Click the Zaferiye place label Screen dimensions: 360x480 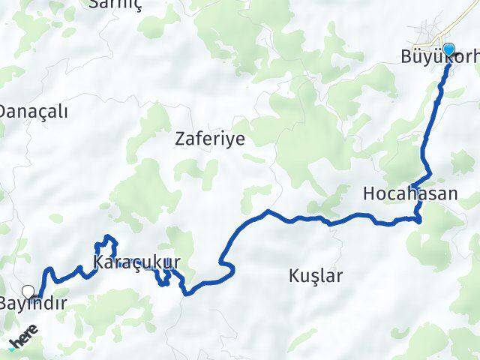(x=210, y=139)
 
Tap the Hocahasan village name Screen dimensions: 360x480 (x=409, y=193)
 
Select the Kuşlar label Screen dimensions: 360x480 (x=315, y=276)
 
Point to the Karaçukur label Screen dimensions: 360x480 (x=138, y=263)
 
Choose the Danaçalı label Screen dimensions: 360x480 (x=34, y=112)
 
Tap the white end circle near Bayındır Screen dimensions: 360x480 (x=28, y=291)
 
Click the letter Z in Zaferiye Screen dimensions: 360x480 (x=180, y=139)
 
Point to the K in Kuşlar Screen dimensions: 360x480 (x=293, y=276)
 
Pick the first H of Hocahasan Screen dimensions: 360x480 (x=368, y=193)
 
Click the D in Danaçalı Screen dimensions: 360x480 (x=4, y=112)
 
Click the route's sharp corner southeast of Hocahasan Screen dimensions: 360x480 (x=419, y=219)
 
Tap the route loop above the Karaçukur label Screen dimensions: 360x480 (x=105, y=241)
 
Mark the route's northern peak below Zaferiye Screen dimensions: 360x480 (x=267, y=212)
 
